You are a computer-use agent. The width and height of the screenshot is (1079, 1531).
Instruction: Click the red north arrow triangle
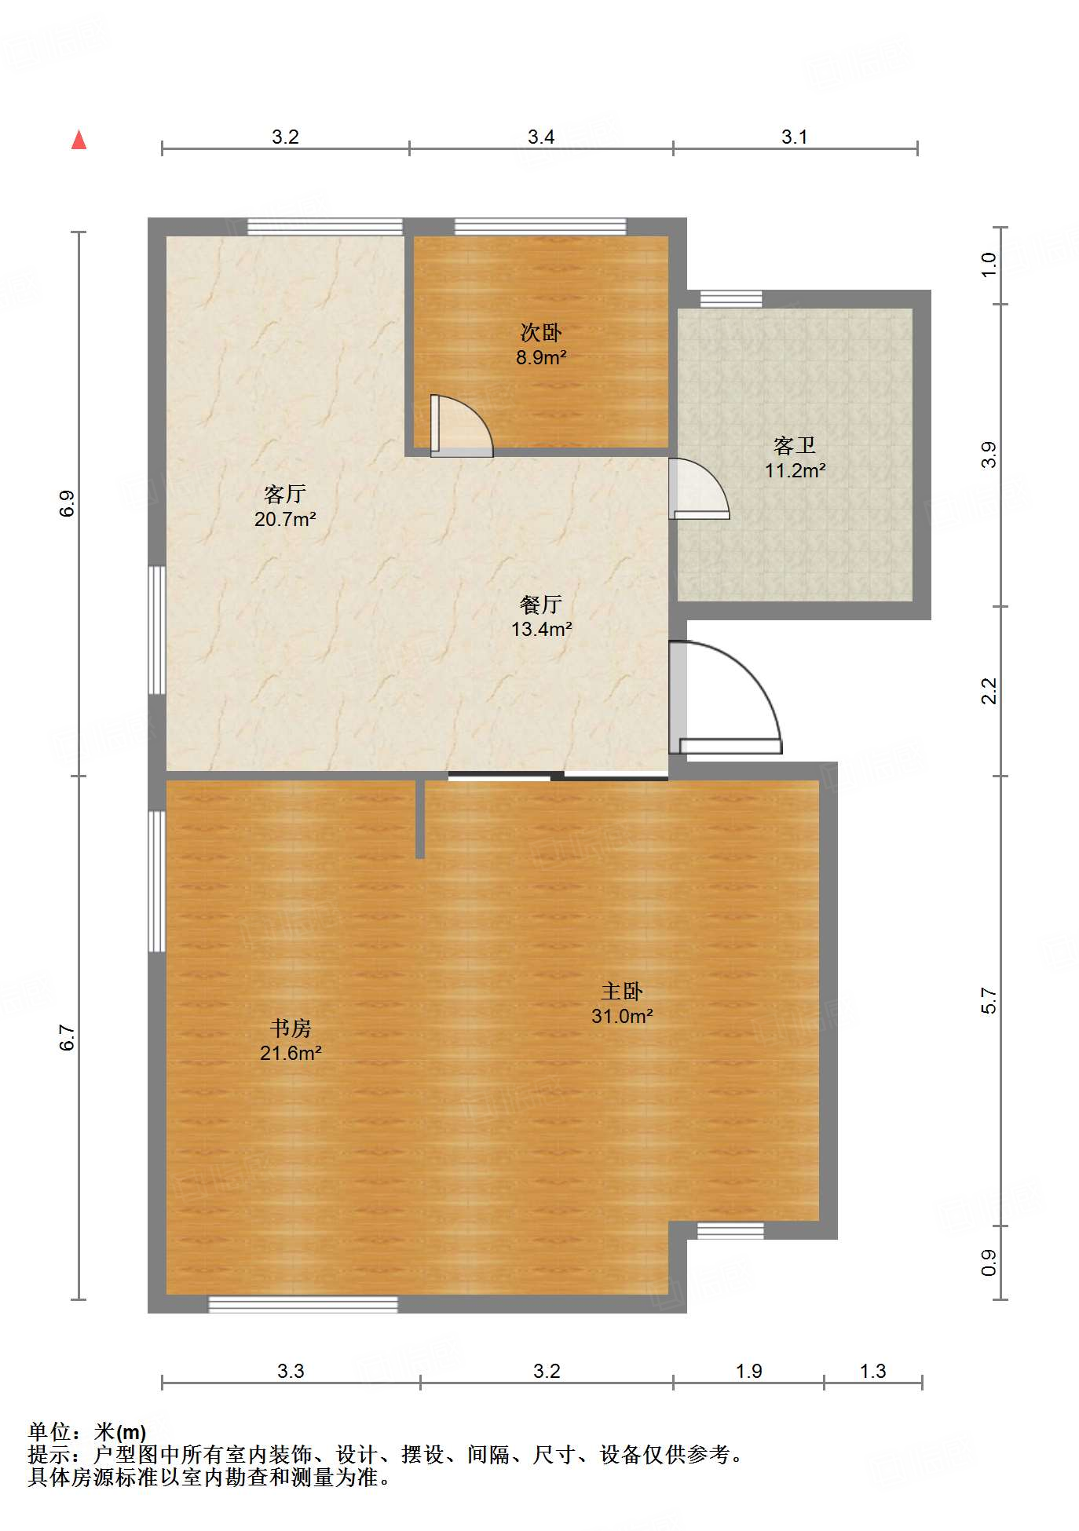click(x=79, y=141)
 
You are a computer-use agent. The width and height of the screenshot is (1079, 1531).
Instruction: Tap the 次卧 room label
click(x=541, y=333)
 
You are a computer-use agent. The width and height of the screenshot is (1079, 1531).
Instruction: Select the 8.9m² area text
click(x=541, y=358)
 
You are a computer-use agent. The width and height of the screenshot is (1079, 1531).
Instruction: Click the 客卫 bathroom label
click(x=795, y=446)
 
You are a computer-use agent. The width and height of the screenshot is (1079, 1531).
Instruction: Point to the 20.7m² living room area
click(x=285, y=519)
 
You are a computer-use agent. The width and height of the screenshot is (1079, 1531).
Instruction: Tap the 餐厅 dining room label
click(x=541, y=605)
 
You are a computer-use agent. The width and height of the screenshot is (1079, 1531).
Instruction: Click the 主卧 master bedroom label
click(x=622, y=992)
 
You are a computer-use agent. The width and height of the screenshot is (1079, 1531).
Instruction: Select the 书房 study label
click(x=291, y=1029)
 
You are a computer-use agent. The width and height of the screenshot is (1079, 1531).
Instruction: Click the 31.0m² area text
click(x=622, y=1016)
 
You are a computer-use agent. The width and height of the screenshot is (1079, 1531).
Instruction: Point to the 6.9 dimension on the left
click(x=68, y=503)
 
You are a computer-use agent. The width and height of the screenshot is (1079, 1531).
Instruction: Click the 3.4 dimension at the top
click(x=541, y=137)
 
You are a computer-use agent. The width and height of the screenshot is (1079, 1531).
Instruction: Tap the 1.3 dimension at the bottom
click(x=872, y=1372)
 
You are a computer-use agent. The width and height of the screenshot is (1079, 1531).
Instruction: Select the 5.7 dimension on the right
click(x=989, y=1001)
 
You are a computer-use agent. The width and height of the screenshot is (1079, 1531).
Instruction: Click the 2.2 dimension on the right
click(x=989, y=691)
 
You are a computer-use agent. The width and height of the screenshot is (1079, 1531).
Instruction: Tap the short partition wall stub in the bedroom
click(x=420, y=818)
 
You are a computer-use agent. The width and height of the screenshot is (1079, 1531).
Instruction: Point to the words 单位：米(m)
click(x=87, y=1432)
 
